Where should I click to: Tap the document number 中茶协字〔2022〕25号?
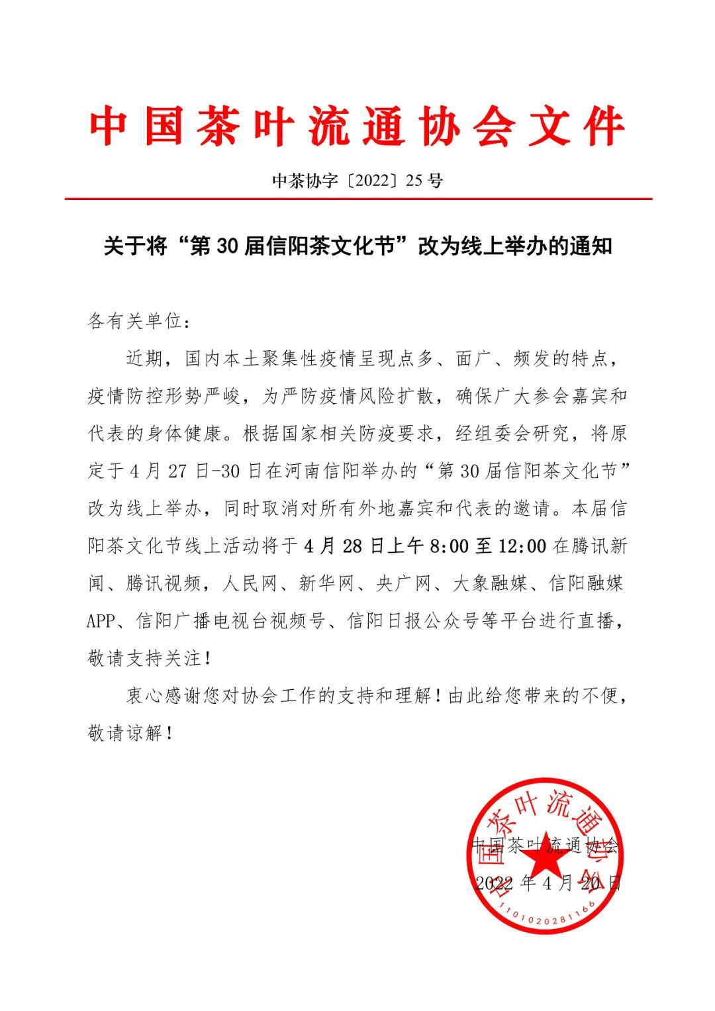pyautogui.click(x=358, y=181)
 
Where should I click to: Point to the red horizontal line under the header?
pyautogui.click(x=358, y=198)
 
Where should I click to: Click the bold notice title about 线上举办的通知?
pyautogui.click(x=358, y=246)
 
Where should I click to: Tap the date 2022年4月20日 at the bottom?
pyautogui.click(x=549, y=883)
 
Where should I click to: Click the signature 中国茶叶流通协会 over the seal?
pyautogui.click(x=544, y=845)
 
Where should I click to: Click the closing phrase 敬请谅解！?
pyautogui.click(x=131, y=733)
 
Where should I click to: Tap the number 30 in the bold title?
pyautogui.click(x=226, y=246)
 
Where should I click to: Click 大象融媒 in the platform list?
pyautogui.click(x=490, y=583)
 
